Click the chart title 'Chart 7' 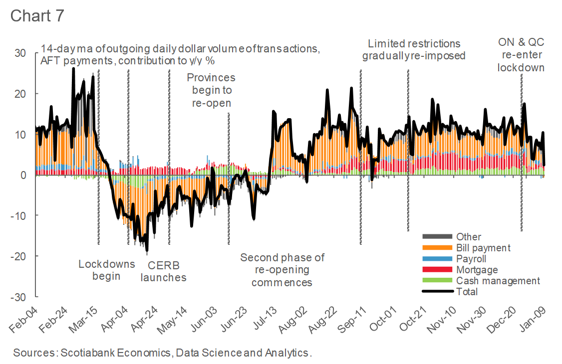(x=37, y=15)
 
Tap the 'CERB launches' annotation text (x=163, y=271)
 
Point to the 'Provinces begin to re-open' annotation (x=211, y=90)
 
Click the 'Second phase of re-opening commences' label (x=282, y=270)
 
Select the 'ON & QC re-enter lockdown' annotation (x=521, y=55)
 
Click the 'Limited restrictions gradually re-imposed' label (x=414, y=49)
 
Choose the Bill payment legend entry (x=483, y=248)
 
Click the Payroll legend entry (x=471, y=259)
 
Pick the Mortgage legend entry (x=477, y=270)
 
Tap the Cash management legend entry (x=498, y=281)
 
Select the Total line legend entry (x=467, y=292)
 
